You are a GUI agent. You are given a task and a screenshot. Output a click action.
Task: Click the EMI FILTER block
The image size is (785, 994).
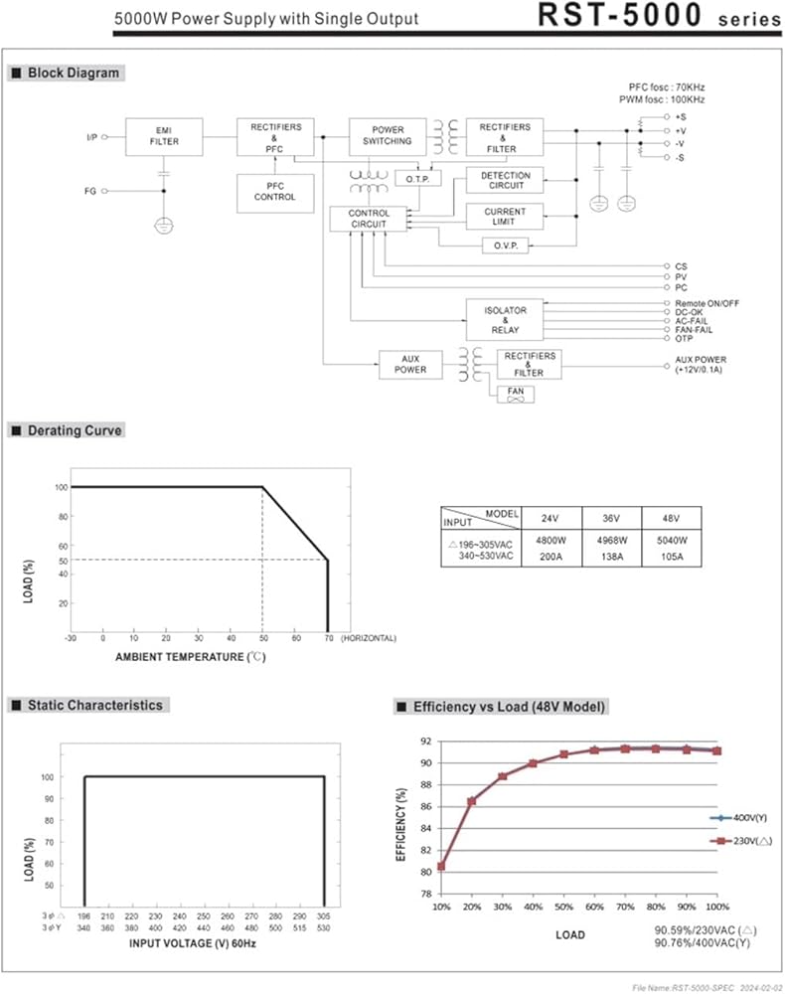tap(164, 136)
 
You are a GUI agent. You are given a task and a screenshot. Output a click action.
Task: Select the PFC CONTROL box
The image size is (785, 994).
tap(275, 193)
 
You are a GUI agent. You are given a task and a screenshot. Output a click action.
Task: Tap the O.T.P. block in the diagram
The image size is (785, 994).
tap(417, 179)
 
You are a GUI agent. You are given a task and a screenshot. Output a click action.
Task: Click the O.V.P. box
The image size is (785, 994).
tap(506, 246)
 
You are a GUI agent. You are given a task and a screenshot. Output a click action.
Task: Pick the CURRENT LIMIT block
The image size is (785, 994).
tap(505, 216)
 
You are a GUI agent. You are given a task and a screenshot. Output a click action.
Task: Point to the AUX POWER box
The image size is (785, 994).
tap(410, 365)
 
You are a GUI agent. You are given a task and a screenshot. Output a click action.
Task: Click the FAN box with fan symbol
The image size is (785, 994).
tap(515, 395)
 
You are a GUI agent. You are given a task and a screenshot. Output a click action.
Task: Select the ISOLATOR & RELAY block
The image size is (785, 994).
tap(505, 320)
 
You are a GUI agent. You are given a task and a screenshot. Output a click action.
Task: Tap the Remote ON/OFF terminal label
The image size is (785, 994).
tap(706, 303)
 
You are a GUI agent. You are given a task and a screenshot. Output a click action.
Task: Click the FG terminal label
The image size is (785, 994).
tap(90, 191)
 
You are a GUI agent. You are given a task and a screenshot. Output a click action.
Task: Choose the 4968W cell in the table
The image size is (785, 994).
tap(611, 540)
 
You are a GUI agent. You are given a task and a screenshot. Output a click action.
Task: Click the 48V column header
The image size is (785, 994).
tap(671, 518)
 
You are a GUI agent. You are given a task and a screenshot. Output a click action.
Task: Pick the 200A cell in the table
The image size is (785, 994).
tap(550, 557)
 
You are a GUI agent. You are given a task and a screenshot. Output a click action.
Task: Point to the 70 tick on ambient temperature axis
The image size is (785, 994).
tap(329, 638)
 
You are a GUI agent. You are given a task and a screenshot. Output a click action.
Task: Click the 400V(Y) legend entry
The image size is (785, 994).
tap(738, 818)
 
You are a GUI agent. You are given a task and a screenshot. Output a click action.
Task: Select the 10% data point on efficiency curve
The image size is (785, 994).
tap(441, 866)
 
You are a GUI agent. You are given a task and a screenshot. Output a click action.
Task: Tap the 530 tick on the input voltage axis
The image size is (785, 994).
tap(324, 927)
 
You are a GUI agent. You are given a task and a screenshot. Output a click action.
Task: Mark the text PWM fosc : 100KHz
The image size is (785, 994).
tap(662, 99)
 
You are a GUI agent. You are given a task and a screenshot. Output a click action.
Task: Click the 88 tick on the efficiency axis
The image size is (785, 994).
tap(425, 785)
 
